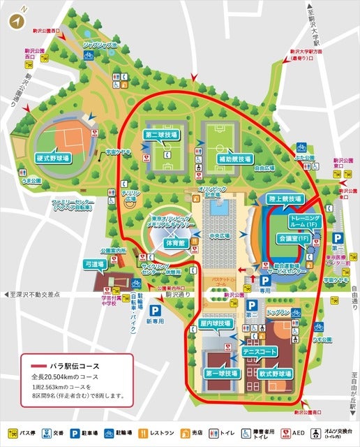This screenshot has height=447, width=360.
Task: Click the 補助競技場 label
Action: (223, 159)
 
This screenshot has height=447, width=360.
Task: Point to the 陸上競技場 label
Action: (285, 199)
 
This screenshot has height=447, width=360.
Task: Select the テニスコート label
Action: (257, 351)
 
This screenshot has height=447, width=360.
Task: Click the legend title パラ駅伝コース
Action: (75, 365)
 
